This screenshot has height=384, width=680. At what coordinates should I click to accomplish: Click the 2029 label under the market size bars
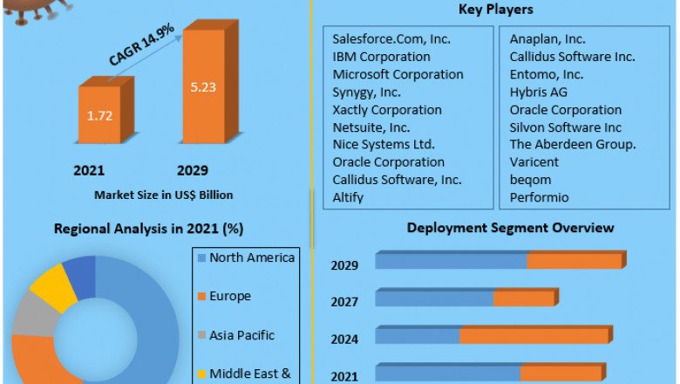click(x=194, y=169)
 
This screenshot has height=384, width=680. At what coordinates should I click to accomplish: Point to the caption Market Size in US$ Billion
click(x=163, y=194)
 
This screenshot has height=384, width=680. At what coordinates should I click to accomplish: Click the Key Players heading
click(x=495, y=10)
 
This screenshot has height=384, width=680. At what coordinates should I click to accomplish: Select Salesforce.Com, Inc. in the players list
click(x=392, y=39)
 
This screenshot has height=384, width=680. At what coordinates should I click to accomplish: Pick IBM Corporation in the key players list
click(x=381, y=57)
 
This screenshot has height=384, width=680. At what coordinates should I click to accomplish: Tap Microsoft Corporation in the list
click(x=398, y=74)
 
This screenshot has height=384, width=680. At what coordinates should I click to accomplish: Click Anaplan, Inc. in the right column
click(x=547, y=39)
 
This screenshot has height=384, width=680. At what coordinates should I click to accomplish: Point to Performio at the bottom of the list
click(x=539, y=197)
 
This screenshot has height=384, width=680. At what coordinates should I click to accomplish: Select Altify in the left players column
click(x=348, y=197)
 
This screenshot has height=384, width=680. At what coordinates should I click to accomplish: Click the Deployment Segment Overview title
click(x=510, y=228)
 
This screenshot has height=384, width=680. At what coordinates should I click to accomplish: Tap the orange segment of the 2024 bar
click(x=534, y=336)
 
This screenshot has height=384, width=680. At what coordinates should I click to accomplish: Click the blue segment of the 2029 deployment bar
click(x=451, y=261)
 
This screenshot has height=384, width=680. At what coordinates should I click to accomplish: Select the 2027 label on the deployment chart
click(x=344, y=301)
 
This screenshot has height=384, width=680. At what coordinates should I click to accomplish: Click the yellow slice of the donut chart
click(x=52, y=286)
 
